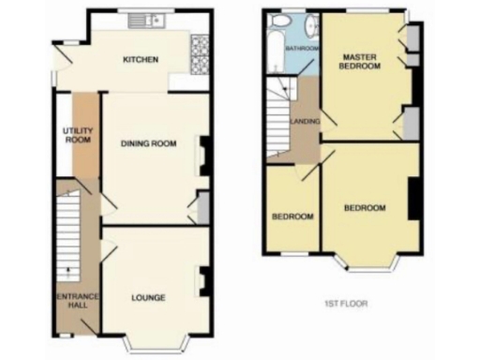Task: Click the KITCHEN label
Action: click(141, 60)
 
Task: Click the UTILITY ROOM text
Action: click(76, 134)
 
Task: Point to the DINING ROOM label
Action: click(148, 143)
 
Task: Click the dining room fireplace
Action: click(202, 156)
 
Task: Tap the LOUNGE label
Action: click(148, 298)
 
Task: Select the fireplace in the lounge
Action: click(202, 279)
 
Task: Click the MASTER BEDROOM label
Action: click(360, 63)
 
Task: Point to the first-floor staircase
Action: click(279, 117)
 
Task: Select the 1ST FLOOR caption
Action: click(344, 304)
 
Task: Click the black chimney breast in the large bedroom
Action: click(412, 198)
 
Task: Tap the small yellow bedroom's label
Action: click(292, 217)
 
